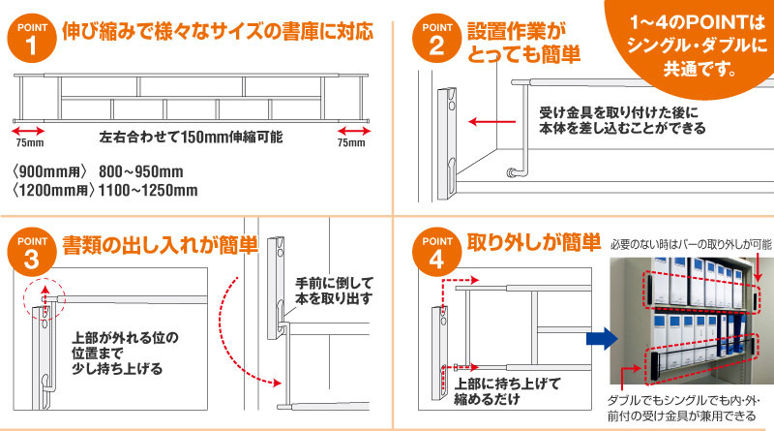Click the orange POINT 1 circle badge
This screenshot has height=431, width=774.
tap(32, 39)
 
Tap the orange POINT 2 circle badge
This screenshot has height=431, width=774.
tap(436, 39)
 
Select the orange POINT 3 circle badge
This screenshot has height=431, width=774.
tap(32, 252)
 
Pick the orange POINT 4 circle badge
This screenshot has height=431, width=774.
tap(436, 252)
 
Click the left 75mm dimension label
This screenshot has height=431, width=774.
tap(30, 142)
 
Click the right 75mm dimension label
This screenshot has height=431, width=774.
tap(351, 142)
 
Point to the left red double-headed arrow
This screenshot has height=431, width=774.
tap(28, 131)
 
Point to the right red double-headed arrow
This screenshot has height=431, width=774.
tap(354, 131)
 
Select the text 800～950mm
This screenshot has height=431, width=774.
tap(141, 171)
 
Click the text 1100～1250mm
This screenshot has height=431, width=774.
tap(148, 190)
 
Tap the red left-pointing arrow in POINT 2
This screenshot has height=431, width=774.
tap(491, 122)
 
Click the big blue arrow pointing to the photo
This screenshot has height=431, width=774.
tap(602, 339)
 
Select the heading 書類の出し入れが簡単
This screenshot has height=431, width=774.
tap(160, 245)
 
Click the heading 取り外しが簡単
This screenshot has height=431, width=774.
tap(534, 242)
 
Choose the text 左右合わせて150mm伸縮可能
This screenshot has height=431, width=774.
tap(191, 137)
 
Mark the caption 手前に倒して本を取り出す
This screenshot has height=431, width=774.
tap(334, 291)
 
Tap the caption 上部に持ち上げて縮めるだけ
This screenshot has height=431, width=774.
tap(507, 391)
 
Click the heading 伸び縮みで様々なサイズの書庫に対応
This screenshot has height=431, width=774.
tap(218, 32)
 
